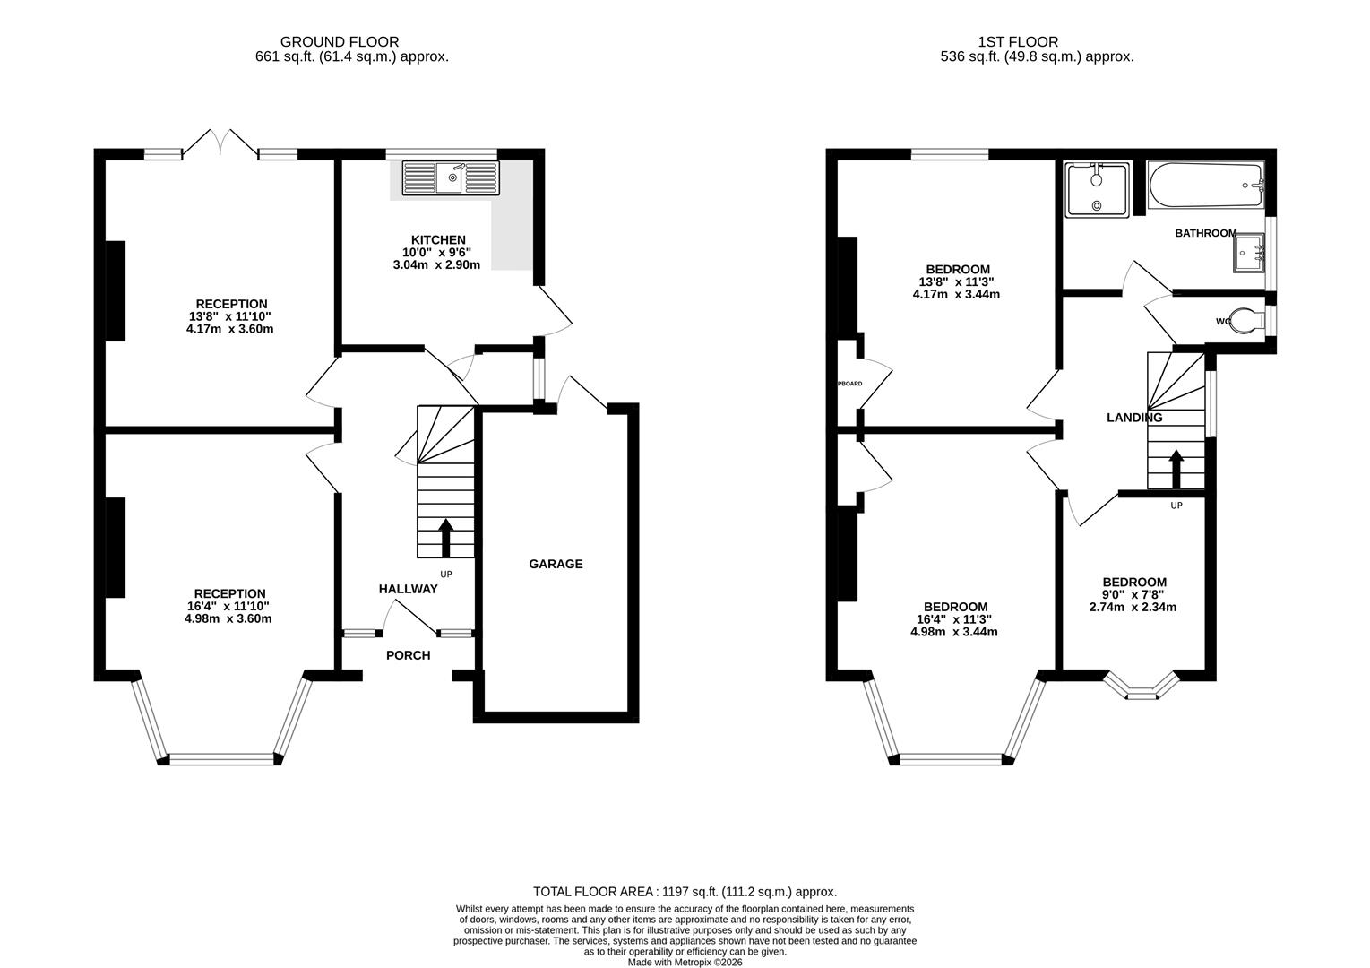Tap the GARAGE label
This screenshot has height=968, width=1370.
tap(556, 564)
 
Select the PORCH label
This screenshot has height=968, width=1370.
tap(408, 655)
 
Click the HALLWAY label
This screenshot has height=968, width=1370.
tap(408, 589)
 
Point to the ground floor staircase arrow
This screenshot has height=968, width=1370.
tap(445, 537)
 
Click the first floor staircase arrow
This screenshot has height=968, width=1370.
tap(1176, 467)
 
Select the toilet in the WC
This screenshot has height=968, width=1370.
tap(1245, 320)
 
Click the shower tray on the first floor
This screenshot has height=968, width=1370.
tap(1096, 190)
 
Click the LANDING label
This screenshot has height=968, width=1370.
tap(1134, 418)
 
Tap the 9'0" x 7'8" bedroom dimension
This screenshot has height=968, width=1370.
tap(1133, 594)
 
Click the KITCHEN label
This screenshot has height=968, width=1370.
tap(438, 239)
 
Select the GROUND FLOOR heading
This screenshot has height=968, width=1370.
tap(340, 41)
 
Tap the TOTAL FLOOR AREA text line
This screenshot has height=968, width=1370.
tap(685, 892)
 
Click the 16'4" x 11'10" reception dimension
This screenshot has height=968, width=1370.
tap(228, 606)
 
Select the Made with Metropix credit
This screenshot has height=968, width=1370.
tap(685, 962)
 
